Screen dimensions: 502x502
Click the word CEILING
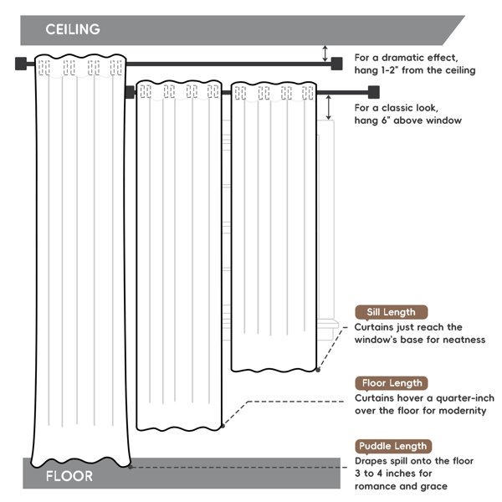pos(73,29)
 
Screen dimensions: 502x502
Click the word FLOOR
pos(69,476)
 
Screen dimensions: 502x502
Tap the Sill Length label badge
pos(392,312)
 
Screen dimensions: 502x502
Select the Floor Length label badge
pos(392,383)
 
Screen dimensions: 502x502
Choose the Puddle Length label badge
pos(393,446)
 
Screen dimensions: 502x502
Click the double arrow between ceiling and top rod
pos(325,54)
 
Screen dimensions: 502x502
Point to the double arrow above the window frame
pos(329,107)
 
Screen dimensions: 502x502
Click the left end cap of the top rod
pos(21,64)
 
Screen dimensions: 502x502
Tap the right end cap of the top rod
pos(336,64)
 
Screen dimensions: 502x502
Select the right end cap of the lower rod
pos(374,92)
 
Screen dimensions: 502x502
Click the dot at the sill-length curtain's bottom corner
pos(318,370)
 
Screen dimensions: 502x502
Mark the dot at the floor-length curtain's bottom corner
pos(223,426)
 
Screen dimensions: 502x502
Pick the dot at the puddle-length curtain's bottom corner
pos(131,467)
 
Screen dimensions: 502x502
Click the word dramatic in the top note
pos(403,58)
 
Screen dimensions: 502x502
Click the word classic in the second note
pos(397,108)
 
